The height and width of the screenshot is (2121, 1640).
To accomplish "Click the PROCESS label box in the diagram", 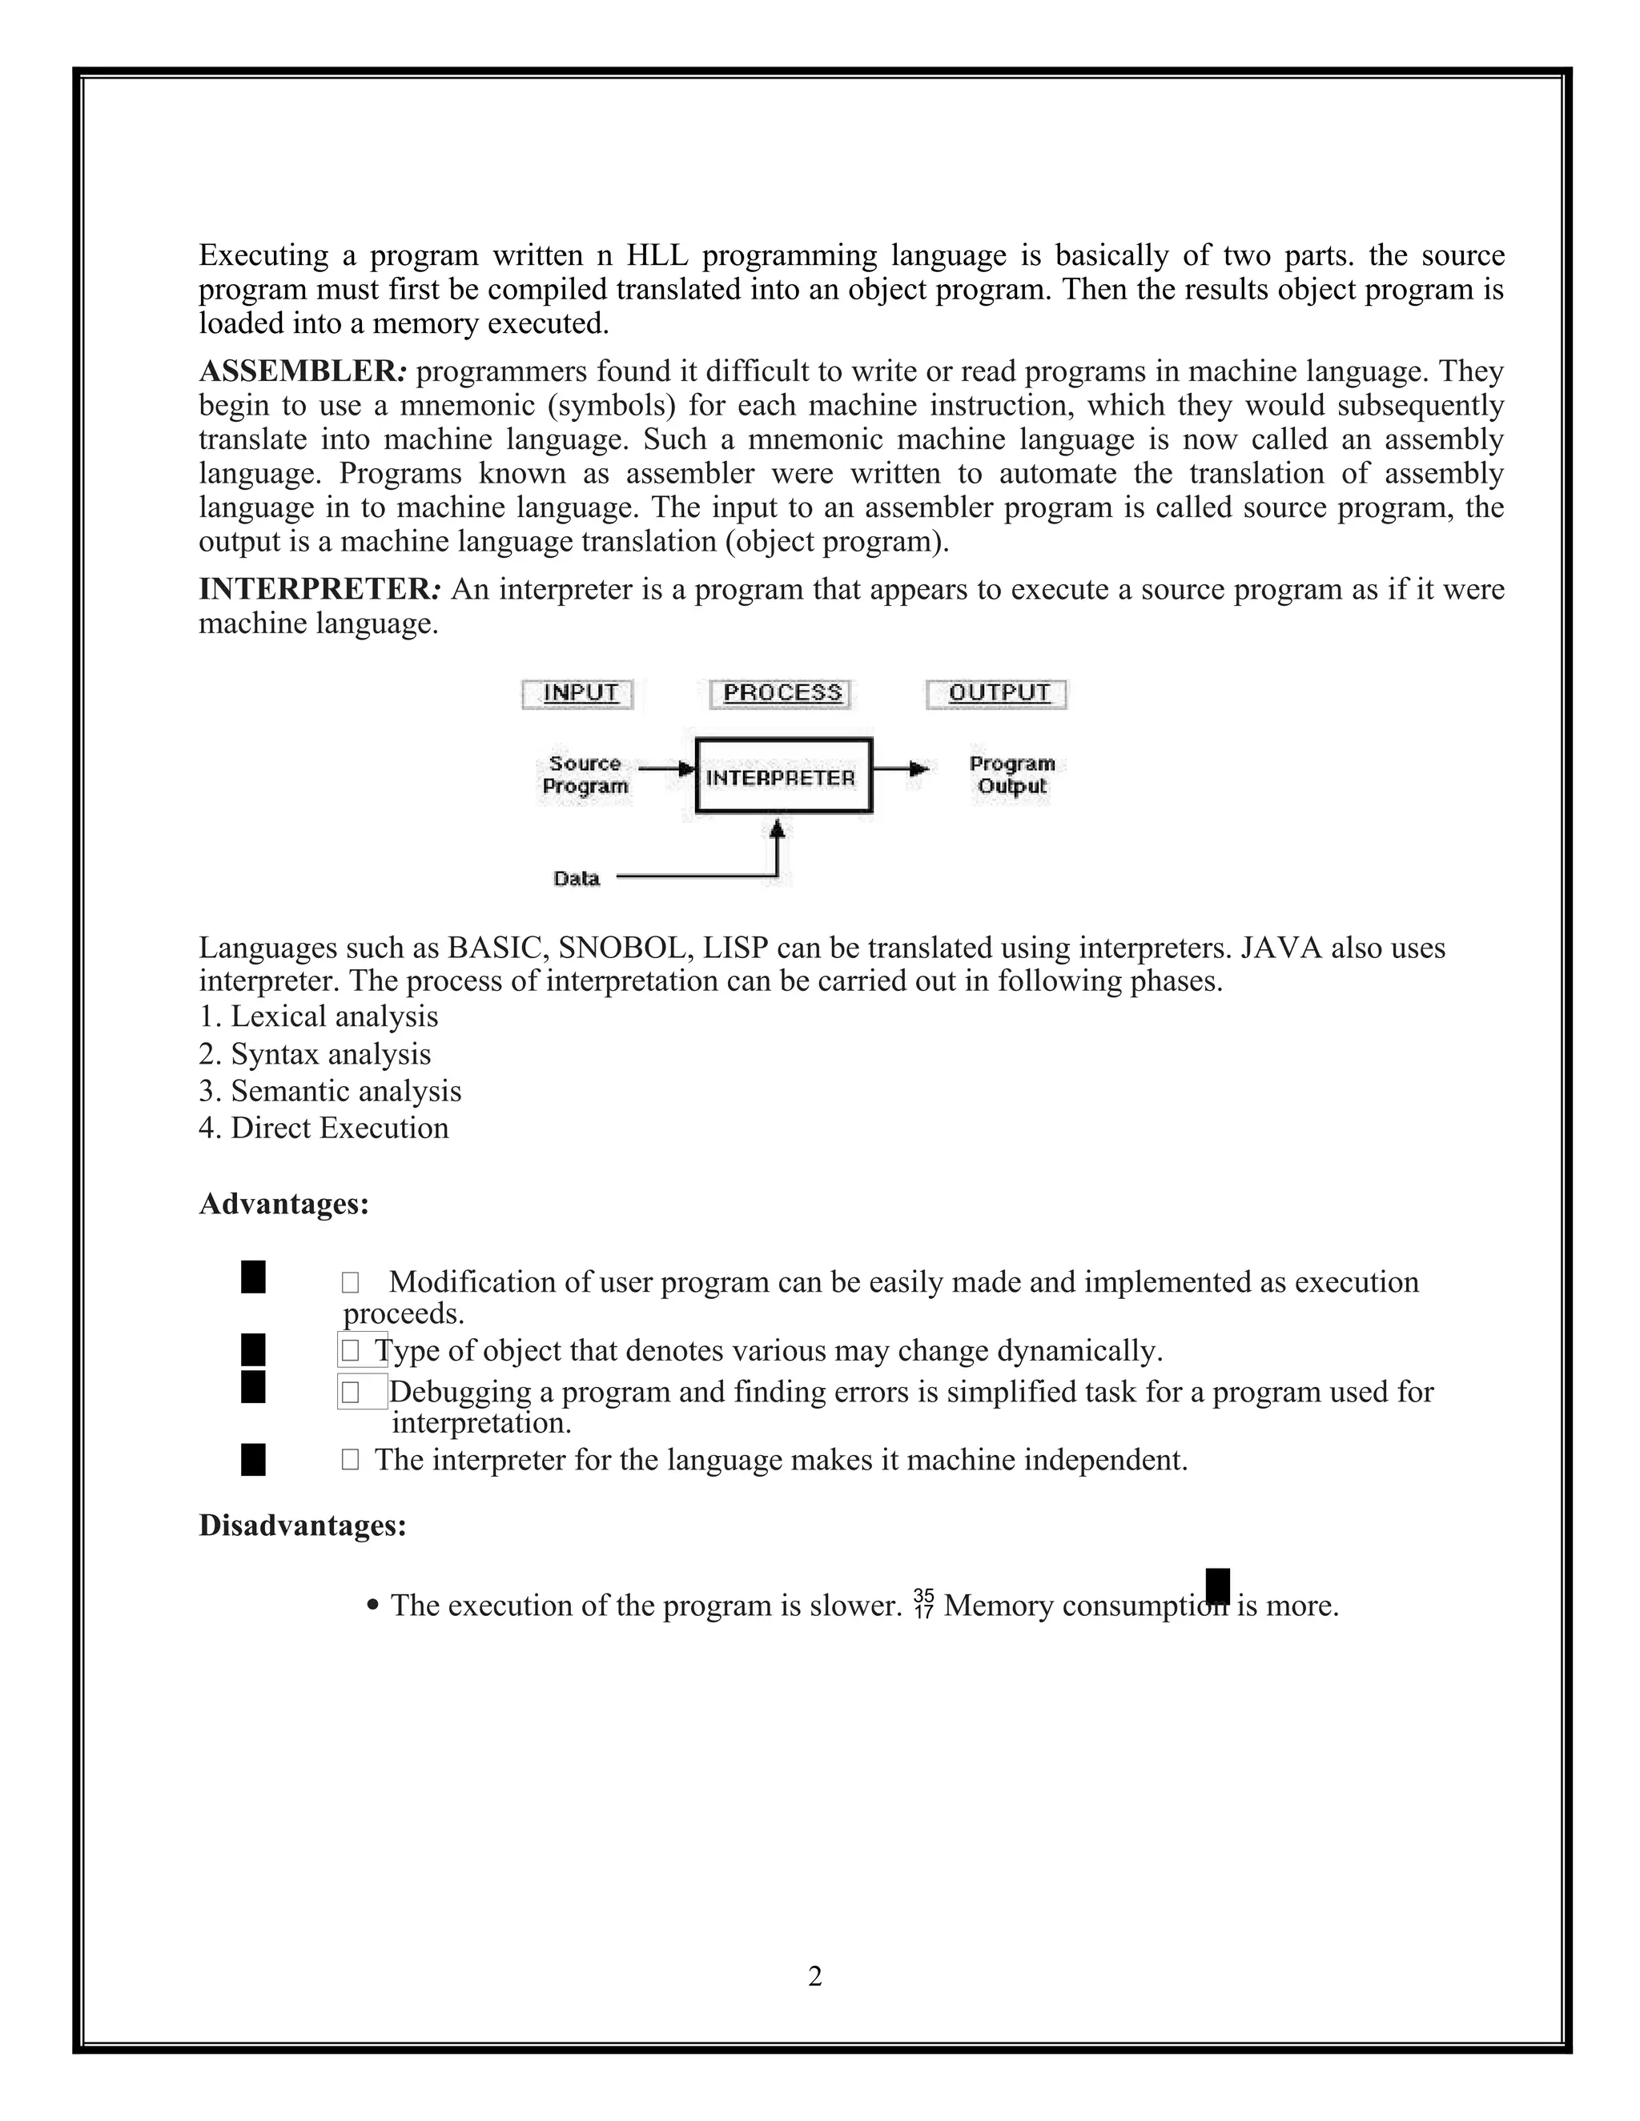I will click(x=780, y=693).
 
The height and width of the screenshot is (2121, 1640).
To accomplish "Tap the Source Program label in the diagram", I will click(x=585, y=775).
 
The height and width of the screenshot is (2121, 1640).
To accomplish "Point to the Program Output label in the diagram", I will click(x=1011, y=775).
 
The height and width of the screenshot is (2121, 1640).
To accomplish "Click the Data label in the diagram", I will click(x=576, y=878).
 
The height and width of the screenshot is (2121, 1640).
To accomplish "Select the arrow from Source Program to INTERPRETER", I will click(x=666, y=768).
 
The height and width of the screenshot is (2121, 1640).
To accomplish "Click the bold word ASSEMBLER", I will click(x=297, y=371).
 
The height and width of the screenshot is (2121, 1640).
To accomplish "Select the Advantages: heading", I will click(x=283, y=1205).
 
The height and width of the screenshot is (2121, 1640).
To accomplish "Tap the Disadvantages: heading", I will click(x=302, y=1526).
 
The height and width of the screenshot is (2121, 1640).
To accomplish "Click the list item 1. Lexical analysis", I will click(x=319, y=1016).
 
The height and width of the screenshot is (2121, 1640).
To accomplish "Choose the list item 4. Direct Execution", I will click(x=324, y=1129).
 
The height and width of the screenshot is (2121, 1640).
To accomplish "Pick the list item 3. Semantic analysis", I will click(x=331, y=1092).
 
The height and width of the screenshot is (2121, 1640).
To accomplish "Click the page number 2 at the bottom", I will click(x=814, y=1976).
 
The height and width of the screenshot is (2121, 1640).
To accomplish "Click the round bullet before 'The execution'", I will click(x=374, y=1606).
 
